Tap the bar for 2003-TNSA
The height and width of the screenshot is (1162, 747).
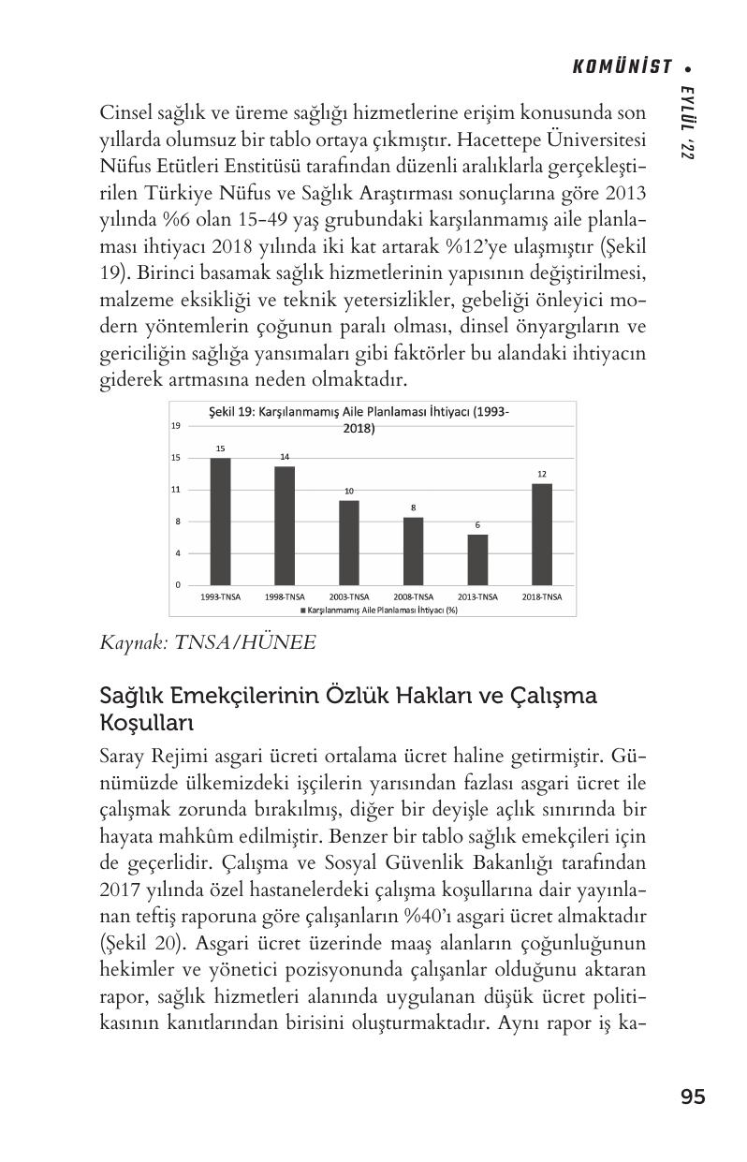[x=348, y=542]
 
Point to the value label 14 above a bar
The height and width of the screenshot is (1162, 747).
[x=285, y=456]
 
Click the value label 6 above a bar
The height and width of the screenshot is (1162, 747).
[x=477, y=524]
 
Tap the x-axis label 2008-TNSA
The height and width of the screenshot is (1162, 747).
[x=413, y=596]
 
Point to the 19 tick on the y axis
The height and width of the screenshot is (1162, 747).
[x=176, y=426]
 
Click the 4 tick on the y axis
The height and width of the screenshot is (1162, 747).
[x=176, y=553]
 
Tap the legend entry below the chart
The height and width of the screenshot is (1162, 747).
[x=380, y=610]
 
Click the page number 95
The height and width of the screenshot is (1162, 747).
[x=693, y=1096]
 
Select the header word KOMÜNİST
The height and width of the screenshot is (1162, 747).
[x=622, y=66]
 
